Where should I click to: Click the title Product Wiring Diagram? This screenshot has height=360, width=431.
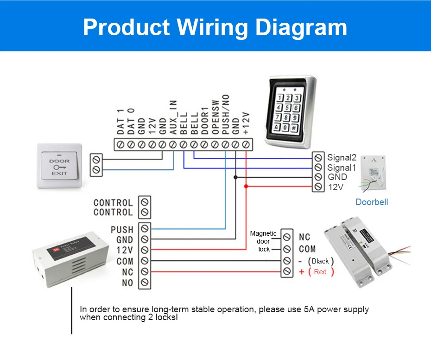click(215, 27)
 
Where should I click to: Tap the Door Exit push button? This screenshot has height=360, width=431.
click(59, 166)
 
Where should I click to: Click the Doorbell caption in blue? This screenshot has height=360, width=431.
click(371, 202)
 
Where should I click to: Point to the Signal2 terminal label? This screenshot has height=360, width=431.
click(342, 158)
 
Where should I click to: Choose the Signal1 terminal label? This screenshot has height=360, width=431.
click(342, 167)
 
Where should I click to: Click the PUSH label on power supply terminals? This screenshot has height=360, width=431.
click(122, 230)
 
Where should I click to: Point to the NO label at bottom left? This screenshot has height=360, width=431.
click(127, 283)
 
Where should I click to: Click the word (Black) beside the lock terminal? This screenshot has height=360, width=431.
click(320, 261)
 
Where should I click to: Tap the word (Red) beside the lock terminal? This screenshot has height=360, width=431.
click(320, 272)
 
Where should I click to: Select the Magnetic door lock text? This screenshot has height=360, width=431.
click(263, 241)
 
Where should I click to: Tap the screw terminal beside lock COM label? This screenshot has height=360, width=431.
click(287, 249)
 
